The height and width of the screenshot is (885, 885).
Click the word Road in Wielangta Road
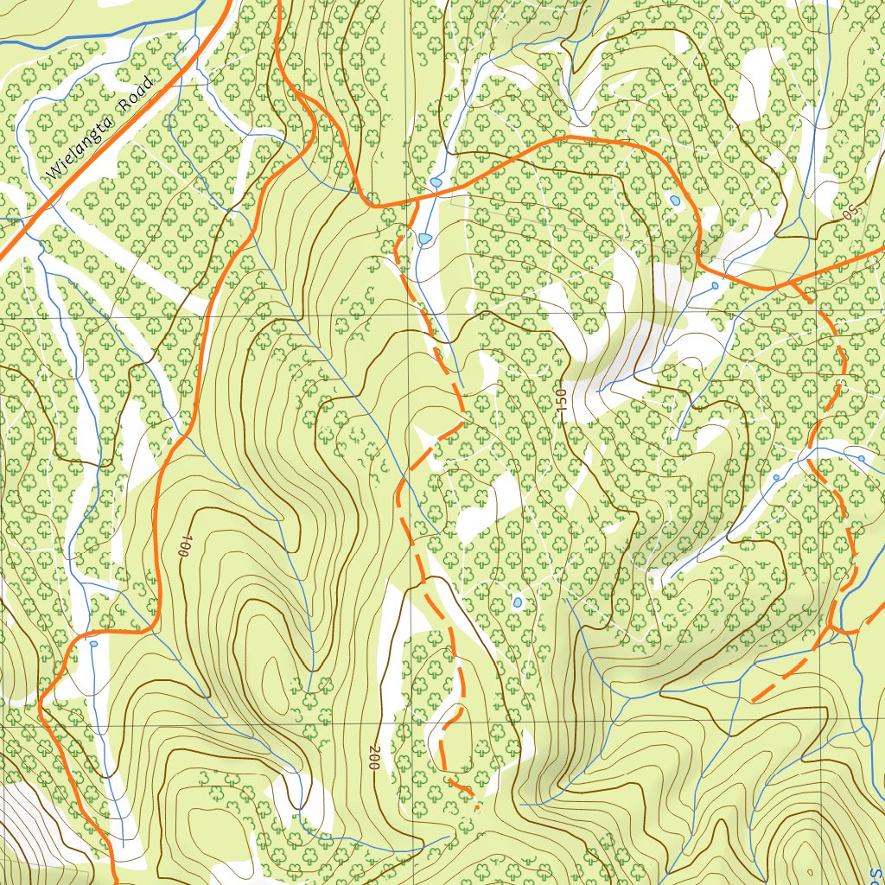point(137,92)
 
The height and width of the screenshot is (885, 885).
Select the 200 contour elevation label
point(374,758)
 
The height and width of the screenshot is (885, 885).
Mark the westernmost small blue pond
point(93,643)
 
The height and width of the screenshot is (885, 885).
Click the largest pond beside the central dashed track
point(424,238)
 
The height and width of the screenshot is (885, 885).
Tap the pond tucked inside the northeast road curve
point(675,201)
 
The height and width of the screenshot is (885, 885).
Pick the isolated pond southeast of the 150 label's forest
point(517,602)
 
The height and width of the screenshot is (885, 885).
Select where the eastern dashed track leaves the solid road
point(793,283)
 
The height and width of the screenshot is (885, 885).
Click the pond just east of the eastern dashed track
point(861,458)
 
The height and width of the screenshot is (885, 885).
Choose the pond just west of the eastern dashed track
point(776,477)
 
